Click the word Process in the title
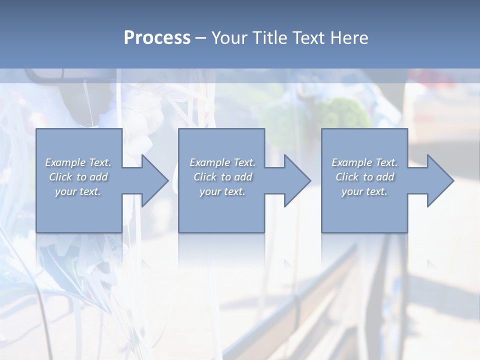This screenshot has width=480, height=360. pos(157,38)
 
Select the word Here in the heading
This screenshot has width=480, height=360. pos(350,38)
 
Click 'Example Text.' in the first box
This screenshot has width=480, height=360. pos(78,162)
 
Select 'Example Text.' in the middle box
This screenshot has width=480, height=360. pos(222,162)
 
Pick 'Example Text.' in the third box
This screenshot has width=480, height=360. pos(364,162)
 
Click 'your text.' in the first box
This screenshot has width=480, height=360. pos(78,191)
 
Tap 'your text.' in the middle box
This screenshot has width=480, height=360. pos(222,191)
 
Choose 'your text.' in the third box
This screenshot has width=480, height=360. pos(364,191)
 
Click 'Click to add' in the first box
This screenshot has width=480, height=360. pos(78,177)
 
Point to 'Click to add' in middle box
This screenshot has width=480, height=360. pos(222,177)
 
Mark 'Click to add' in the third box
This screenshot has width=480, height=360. pos(364,177)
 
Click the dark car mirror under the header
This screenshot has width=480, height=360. pos(47,75)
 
